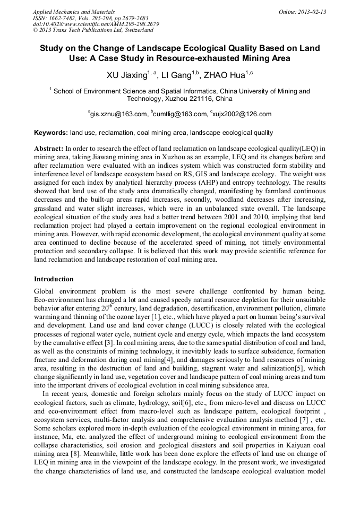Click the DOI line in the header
coord(96,24)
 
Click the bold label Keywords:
coord(51,132)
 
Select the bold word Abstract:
coord(49,148)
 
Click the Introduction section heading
coord(54,279)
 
